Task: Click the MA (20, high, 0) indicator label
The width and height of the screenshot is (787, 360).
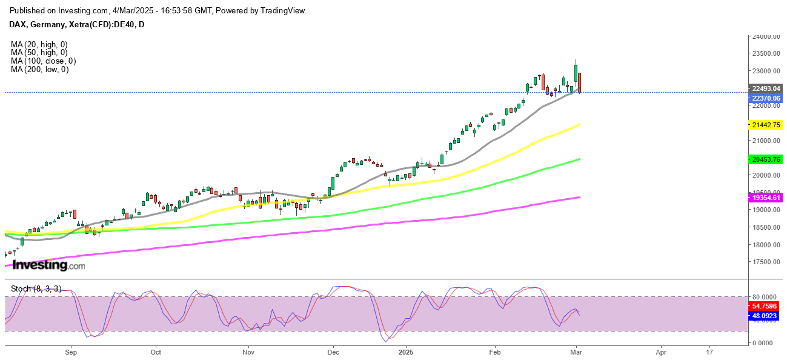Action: (38, 44)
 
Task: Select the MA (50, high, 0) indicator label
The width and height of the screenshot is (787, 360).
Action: (38, 53)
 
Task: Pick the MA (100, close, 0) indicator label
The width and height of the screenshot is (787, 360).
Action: (42, 61)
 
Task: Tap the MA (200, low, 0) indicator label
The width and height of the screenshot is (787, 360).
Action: (39, 70)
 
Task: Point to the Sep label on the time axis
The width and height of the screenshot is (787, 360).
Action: (71, 352)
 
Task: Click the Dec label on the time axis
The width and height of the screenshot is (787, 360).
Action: (333, 352)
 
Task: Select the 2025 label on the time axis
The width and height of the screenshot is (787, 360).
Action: (405, 352)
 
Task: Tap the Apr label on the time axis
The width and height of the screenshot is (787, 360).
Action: (661, 352)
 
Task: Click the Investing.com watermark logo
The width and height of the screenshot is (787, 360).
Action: (48, 265)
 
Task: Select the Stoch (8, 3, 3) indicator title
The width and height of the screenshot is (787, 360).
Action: (37, 289)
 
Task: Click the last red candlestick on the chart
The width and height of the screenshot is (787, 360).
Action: (580, 82)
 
